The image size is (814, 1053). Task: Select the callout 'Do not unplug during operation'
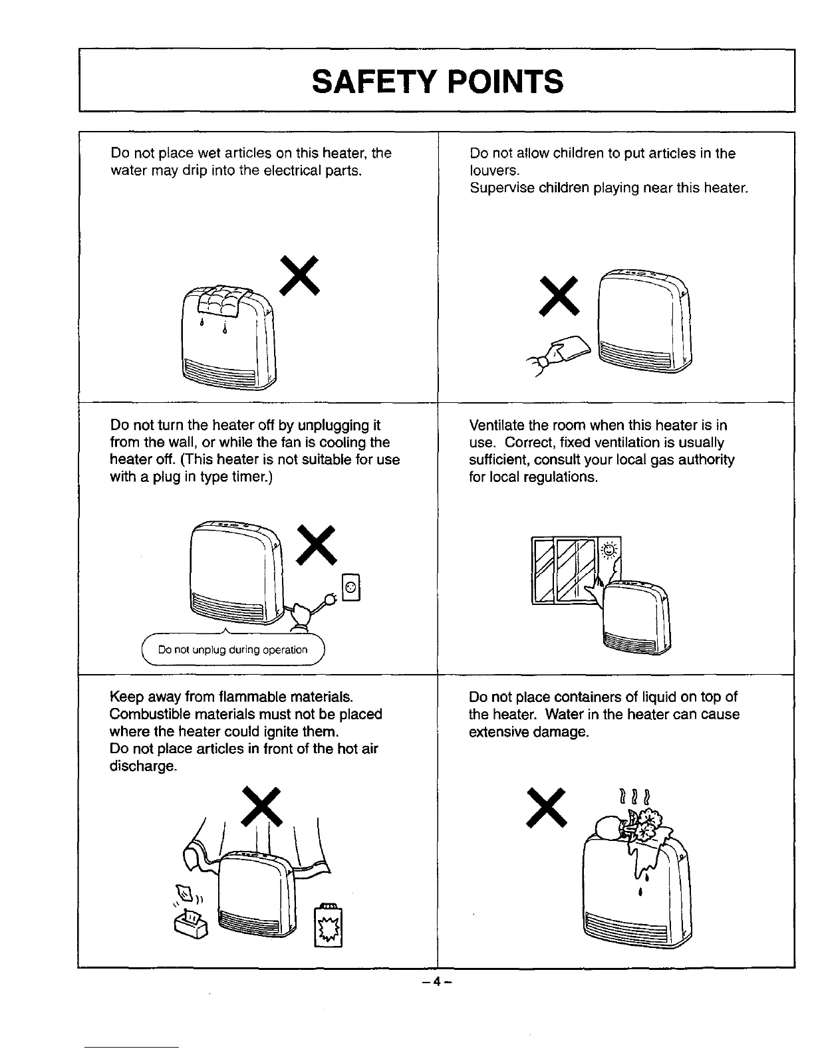point(233,649)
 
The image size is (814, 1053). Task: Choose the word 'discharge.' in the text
point(143,766)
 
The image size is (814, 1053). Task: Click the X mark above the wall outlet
point(316,544)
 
